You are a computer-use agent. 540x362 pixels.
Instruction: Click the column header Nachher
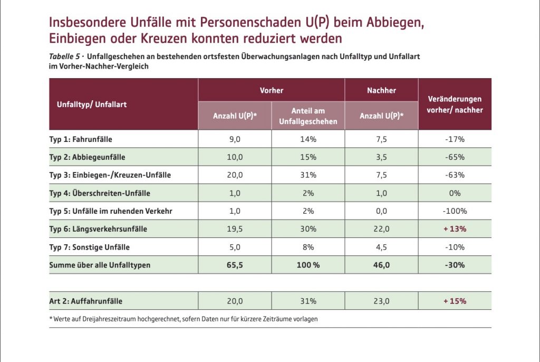[381, 90]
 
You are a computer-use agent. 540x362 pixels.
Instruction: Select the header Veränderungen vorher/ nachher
[455, 104]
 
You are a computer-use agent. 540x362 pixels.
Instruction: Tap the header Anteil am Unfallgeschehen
[308, 116]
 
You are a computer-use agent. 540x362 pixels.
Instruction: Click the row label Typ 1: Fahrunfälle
[81, 139]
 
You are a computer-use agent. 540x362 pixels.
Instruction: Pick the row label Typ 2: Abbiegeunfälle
[87, 157]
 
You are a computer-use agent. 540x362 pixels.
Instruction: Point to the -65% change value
[455, 157]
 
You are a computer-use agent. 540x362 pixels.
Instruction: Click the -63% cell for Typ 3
[455, 175]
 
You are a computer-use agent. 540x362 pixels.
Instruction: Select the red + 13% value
[455, 229]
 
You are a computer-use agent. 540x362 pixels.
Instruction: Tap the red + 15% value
[455, 301]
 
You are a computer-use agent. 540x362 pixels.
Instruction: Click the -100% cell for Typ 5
[455, 211]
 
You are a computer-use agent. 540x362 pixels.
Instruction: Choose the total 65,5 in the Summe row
[235, 265]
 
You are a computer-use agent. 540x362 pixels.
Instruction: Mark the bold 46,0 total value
[381, 265]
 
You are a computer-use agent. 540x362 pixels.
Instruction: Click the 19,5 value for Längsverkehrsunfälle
[235, 229]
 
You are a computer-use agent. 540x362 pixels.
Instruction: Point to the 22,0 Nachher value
[381, 229]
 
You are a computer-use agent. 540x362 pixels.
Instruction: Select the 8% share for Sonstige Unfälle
[308, 247]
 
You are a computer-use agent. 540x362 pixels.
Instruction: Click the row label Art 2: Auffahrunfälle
[85, 301]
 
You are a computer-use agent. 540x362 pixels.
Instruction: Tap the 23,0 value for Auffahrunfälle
[381, 301]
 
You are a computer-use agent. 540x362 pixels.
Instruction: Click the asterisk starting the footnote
[51, 318]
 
